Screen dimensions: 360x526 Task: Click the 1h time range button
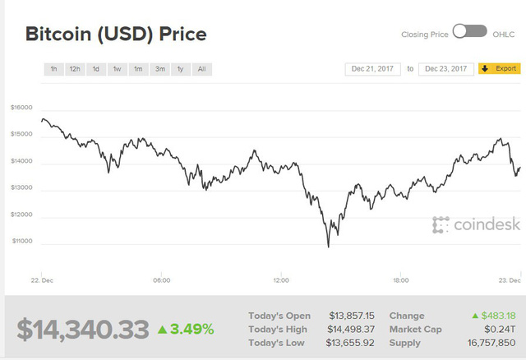(53, 69)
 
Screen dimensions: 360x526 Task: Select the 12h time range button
(75, 69)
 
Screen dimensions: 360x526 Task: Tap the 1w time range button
(118, 69)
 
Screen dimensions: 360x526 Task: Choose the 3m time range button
(159, 69)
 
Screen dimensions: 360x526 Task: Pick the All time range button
(201, 69)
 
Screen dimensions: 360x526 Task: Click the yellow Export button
(499, 68)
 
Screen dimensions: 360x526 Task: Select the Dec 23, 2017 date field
(446, 68)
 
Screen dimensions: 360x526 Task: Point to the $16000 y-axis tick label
(21, 108)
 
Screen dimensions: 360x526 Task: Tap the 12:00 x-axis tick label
(281, 280)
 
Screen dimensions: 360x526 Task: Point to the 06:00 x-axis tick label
(161, 280)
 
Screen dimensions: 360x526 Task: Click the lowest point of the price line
(328, 246)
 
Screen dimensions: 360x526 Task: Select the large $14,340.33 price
(83, 329)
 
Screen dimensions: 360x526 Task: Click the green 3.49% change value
(186, 330)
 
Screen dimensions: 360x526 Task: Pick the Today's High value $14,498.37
(352, 329)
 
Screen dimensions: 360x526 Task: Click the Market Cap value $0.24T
(501, 329)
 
